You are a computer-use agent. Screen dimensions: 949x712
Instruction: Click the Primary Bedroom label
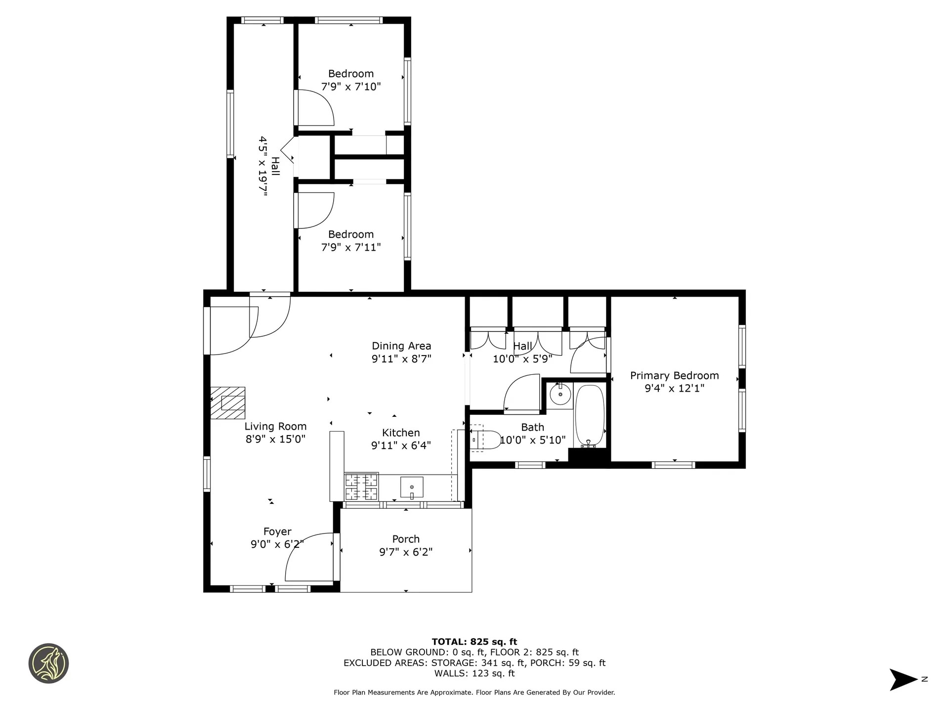(x=674, y=376)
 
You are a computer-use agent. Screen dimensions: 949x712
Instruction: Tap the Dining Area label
(x=401, y=346)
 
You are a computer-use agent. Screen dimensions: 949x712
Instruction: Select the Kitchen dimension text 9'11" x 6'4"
(x=401, y=445)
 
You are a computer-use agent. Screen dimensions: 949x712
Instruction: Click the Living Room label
(x=275, y=427)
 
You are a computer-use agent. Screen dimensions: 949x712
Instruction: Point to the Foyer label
(x=277, y=532)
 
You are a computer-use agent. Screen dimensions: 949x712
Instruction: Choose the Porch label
(x=406, y=539)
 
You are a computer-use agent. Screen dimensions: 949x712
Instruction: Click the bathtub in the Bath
(x=590, y=416)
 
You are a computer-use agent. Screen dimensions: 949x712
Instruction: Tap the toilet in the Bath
(x=484, y=440)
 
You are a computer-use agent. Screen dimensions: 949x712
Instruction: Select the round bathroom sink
(x=560, y=394)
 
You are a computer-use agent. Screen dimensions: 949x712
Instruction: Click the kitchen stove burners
(x=361, y=487)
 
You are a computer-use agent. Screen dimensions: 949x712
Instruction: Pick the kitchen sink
(x=412, y=488)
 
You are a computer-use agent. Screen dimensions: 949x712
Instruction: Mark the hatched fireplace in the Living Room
(x=228, y=403)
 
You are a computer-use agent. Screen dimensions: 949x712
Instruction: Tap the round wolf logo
(x=48, y=664)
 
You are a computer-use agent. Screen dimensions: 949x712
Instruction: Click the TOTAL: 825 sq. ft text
(x=474, y=642)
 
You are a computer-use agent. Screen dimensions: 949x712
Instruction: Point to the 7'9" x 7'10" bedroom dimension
(x=351, y=87)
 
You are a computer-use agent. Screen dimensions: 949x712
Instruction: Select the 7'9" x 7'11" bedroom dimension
(x=351, y=247)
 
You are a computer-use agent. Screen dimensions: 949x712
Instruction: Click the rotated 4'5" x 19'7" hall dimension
(x=262, y=167)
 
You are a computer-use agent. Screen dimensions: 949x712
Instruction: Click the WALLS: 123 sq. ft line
(x=474, y=673)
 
